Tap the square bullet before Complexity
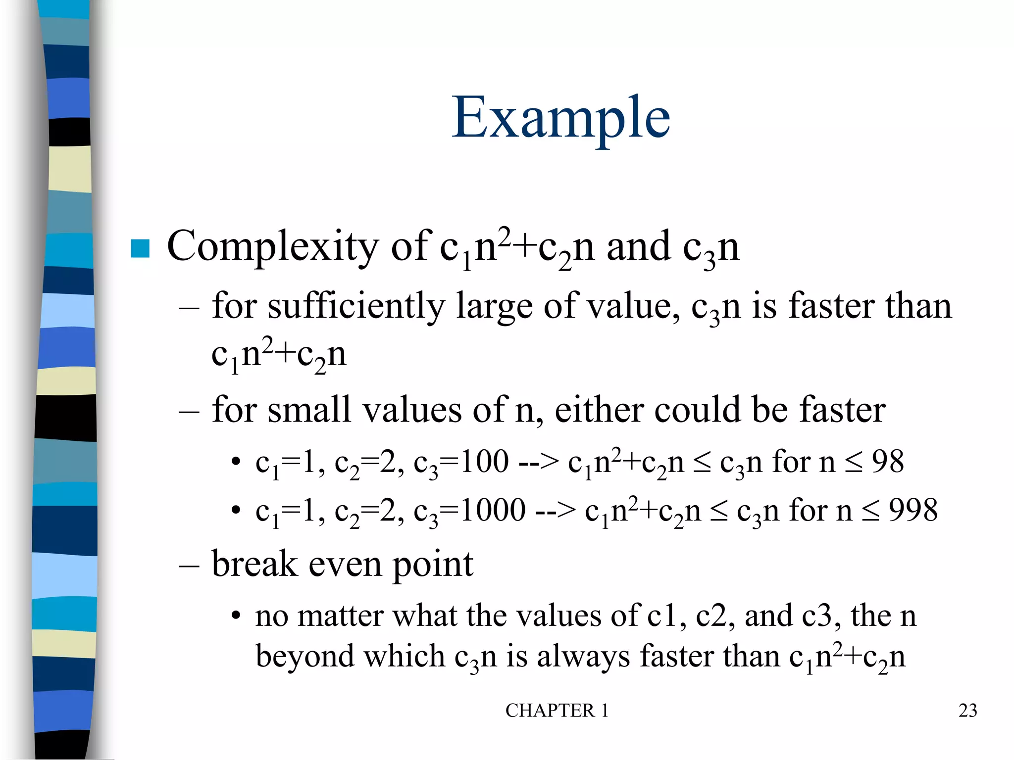(140, 248)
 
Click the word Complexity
(272, 246)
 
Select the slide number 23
(967, 711)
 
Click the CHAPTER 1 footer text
(557, 711)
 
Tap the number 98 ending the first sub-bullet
(887, 462)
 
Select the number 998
(913, 510)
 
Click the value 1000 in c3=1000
(493, 510)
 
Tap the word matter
(340, 616)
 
